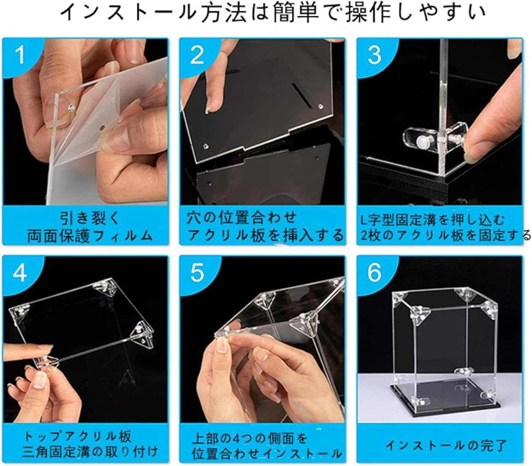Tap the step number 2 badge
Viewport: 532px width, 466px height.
(x=197, y=55)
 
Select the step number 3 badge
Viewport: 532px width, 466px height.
(x=374, y=55)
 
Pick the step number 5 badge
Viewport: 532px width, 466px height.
(x=197, y=273)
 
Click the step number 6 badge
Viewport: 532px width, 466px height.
(x=374, y=273)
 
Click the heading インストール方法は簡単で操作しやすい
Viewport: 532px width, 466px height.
(x=272, y=13)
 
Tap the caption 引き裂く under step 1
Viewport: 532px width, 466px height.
(x=90, y=218)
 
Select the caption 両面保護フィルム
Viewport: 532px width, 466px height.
(x=90, y=235)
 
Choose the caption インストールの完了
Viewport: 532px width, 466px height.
(x=446, y=444)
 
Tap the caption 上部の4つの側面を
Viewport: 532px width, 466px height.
(x=249, y=438)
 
